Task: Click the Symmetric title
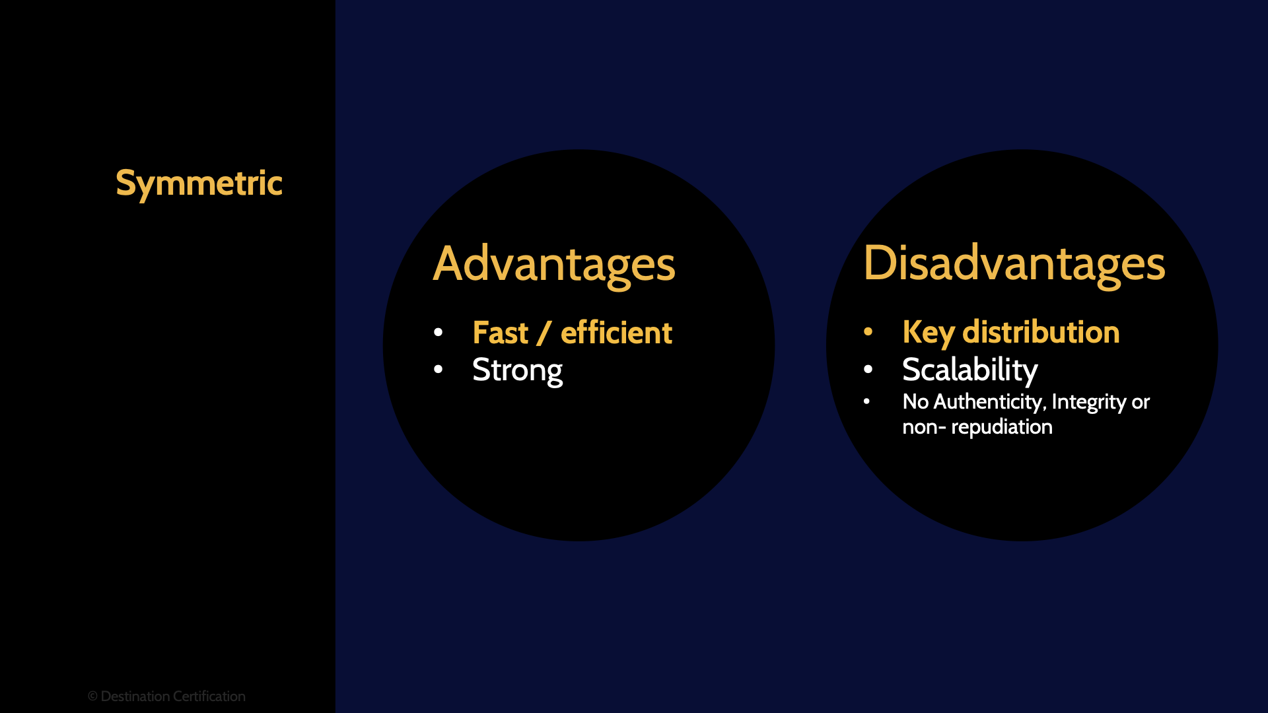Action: point(199,184)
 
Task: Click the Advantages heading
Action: point(553,264)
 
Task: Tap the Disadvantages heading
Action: point(1014,263)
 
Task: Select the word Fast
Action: point(500,333)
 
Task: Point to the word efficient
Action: point(616,333)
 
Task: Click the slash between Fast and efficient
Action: point(544,333)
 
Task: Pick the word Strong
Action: point(517,370)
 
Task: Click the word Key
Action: point(928,332)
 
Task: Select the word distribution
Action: point(1041,332)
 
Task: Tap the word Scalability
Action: point(969,370)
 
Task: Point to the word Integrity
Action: point(1088,401)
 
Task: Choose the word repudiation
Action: point(1001,427)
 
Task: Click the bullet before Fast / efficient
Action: point(438,332)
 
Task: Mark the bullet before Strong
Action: point(438,370)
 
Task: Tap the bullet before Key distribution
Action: point(868,331)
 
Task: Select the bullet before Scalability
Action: point(868,369)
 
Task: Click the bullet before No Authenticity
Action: point(866,401)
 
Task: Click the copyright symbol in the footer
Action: point(92,696)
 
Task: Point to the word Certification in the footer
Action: point(209,696)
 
